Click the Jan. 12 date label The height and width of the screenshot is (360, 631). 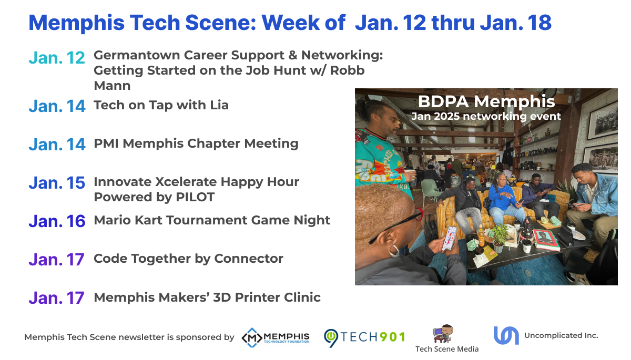tap(57, 58)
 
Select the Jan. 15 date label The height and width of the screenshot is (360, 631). tap(57, 182)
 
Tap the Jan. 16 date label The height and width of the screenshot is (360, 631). tap(57, 221)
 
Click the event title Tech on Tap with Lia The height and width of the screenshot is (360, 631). tap(161, 105)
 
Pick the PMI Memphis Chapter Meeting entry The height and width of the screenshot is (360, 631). tap(196, 143)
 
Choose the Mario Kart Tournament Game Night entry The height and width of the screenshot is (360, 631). tap(212, 220)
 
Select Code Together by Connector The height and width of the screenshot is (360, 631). tap(188, 259)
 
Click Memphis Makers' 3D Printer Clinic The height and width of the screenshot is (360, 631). tap(207, 297)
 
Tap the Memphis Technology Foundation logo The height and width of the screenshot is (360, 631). tap(276, 337)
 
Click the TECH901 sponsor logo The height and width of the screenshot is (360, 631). tap(364, 337)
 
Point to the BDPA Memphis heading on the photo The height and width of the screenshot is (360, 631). tap(486, 101)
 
